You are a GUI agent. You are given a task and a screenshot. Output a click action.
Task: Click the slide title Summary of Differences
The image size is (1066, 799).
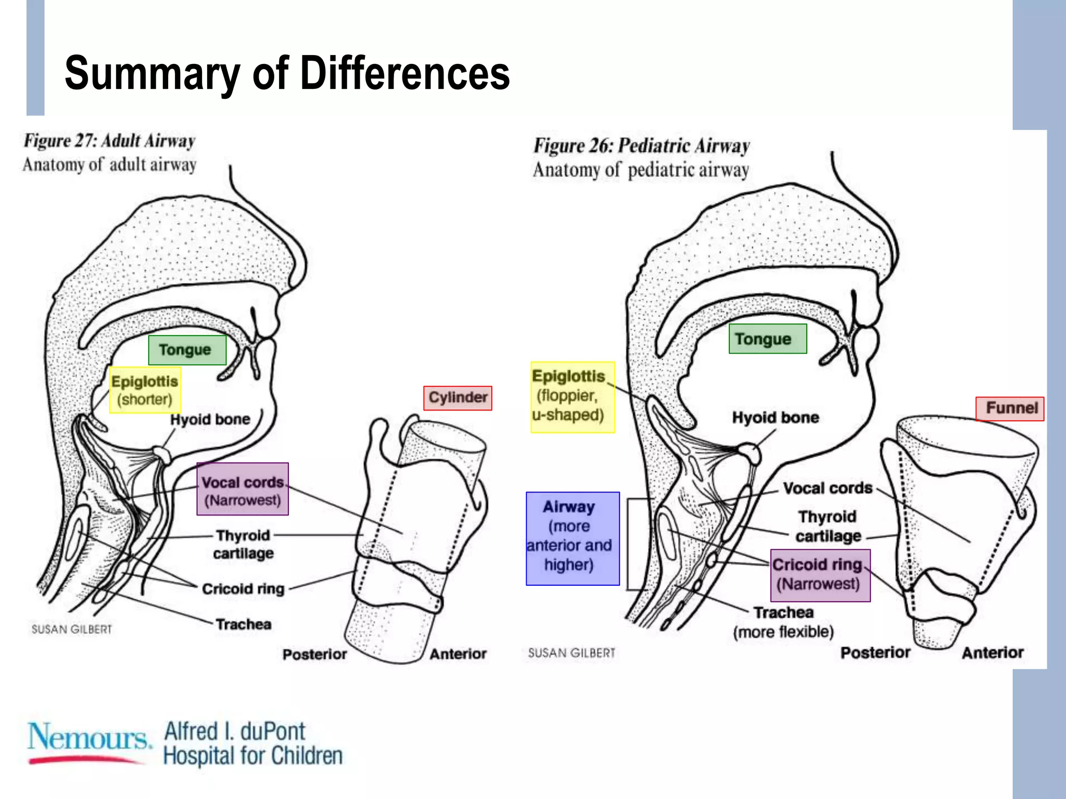pyautogui.click(x=287, y=73)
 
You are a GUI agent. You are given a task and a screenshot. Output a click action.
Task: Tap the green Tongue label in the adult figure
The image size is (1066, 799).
pyautogui.click(x=187, y=350)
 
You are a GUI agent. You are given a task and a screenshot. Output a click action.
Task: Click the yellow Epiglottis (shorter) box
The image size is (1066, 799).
pyautogui.click(x=145, y=390)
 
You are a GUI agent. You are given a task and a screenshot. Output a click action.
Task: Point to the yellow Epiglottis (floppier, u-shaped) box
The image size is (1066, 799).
pyautogui.click(x=572, y=397)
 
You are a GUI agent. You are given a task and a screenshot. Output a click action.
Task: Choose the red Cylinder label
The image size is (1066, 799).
pyautogui.click(x=458, y=398)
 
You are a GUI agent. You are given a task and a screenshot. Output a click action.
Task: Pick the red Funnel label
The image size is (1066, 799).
pyautogui.click(x=1009, y=408)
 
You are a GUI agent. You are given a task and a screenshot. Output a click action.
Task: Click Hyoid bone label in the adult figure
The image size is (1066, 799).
pyautogui.click(x=210, y=419)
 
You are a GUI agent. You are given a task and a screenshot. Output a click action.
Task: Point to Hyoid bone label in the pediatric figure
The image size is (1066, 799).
pyautogui.click(x=775, y=417)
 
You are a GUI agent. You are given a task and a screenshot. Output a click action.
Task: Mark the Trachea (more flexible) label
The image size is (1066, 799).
pyautogui.click(x=783, y=622)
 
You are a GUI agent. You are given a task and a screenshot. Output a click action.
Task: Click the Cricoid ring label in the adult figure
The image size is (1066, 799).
pyautogui.click(x=243, y=589)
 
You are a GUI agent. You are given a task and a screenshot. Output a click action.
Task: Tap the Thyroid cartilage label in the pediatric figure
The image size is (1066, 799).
pyautogui.click(x=828, y=526)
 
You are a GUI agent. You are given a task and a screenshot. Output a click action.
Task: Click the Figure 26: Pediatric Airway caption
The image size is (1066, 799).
pyautogui.click(x=641, y=146)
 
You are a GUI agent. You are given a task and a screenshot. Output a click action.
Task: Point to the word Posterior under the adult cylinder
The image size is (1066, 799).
pyautogui.click(x=314, y=654)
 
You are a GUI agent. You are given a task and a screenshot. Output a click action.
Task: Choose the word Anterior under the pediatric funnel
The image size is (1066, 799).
pyautogui.click(x=992, y=653)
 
